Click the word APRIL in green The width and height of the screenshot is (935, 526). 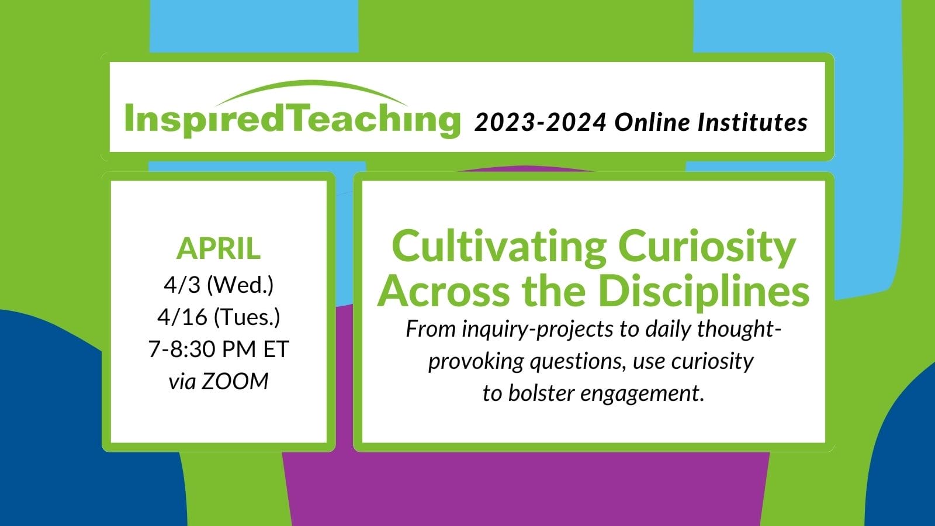[x=219, y=249]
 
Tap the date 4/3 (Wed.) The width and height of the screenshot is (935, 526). [x=219, y=285]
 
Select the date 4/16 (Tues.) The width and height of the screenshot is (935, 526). [x=219, y=317]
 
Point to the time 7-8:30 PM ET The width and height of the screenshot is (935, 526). [x=219, y=349]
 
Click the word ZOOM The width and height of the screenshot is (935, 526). [x=234, y=382]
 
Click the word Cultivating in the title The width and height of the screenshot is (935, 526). [x=499, y=248]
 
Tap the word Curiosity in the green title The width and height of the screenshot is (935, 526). [x=707, y=249]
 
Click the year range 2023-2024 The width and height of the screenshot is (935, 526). [x=541, y=123]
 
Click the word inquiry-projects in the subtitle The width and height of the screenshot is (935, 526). [x=538, y=330]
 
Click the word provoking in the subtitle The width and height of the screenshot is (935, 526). [x=476, y=362]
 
